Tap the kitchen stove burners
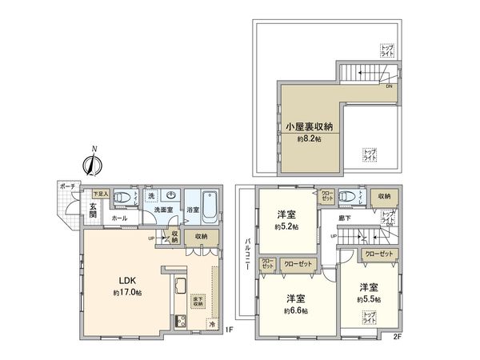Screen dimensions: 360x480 coord(180,322)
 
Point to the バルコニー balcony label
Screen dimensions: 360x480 coord(250,256)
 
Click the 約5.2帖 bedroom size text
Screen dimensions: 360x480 coord(284,227)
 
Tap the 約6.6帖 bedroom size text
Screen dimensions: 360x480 coord(297,310)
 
